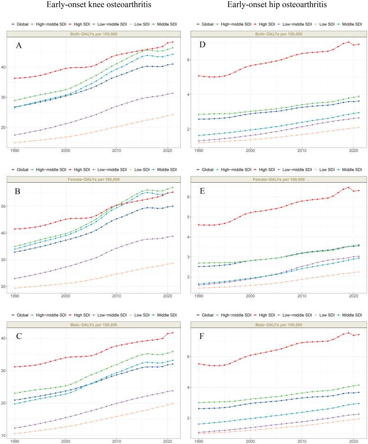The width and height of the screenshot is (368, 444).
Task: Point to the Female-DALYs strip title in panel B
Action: pyautogui.click(x=97, y=179)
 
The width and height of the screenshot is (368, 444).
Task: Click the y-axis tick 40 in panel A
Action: pyautogui.click(x=9, y=67)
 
